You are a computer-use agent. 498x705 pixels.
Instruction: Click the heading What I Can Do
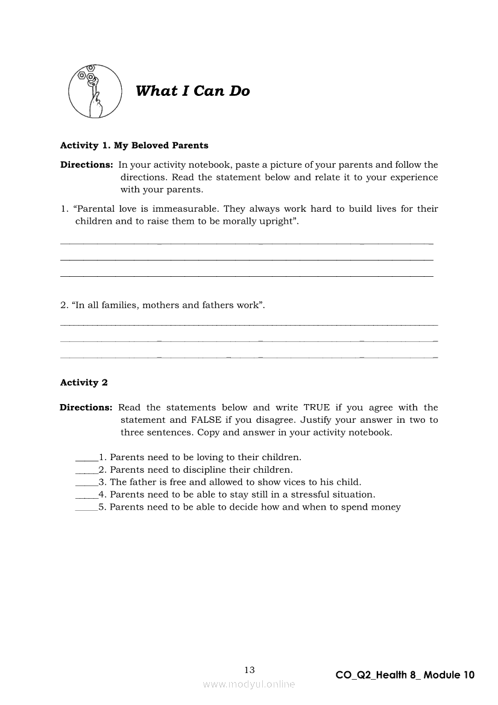(192, 91)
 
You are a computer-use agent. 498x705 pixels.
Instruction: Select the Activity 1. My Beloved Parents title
(134, 145)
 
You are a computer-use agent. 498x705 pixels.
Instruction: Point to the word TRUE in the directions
(317, 408)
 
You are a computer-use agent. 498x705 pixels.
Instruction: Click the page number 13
(250, 669)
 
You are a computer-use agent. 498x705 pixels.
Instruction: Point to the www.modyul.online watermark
(249, 684)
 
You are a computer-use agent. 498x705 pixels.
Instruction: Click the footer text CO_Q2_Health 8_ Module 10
(405, 675)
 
